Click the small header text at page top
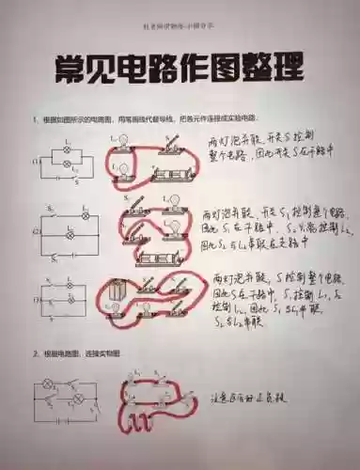point(180,13)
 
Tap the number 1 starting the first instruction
point(33,119)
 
